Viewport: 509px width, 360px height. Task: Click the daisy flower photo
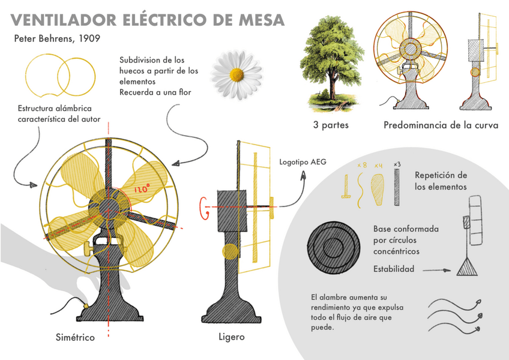(236, 74)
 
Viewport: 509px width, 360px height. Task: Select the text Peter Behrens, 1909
(56, 39)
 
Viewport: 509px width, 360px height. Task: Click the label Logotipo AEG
(303, 162)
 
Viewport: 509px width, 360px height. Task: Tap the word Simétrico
(75, 337)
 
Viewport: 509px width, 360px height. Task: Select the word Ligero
(231, 337)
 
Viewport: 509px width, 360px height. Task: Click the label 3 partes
(330, 125)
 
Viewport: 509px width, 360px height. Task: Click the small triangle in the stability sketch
(466, 267)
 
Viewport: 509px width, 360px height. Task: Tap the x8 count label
(362, 164)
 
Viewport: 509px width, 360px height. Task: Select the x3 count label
(397, 164)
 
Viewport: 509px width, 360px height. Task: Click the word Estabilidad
(393, 269)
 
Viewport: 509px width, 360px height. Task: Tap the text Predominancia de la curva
(441, 125)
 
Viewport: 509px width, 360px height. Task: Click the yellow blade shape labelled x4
(378, 190)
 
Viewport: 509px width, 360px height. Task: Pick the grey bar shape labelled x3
(397, 187)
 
